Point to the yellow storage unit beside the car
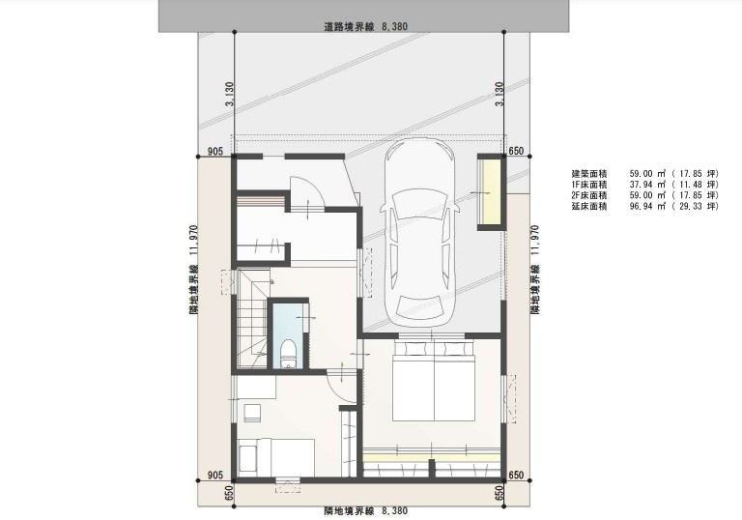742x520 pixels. click(x=491, y=190)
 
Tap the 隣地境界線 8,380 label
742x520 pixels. click(x=364, y=509)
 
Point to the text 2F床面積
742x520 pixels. click(x=589, y=196)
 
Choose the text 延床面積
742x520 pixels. click(x=589, y=207)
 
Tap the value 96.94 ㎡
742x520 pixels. click(x=649, y=207)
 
